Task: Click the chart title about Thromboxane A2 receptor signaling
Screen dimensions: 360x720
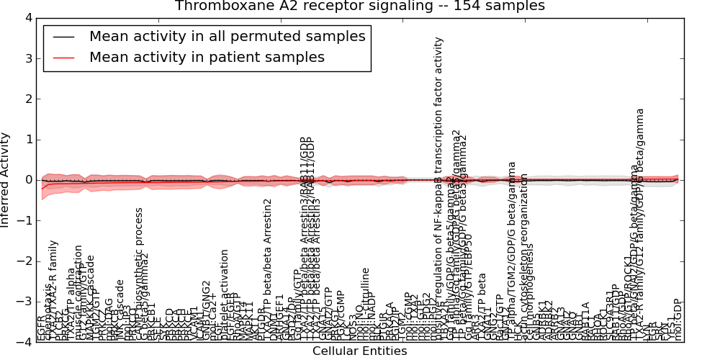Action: [360, 6]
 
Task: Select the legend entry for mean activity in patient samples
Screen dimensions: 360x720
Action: [207, 58]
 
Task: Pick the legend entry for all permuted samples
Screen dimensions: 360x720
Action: [227, 37]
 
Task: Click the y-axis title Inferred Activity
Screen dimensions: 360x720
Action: [6, 180]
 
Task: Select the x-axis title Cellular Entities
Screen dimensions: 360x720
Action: [360, 351]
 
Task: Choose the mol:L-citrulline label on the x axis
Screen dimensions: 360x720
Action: [366, 302]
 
